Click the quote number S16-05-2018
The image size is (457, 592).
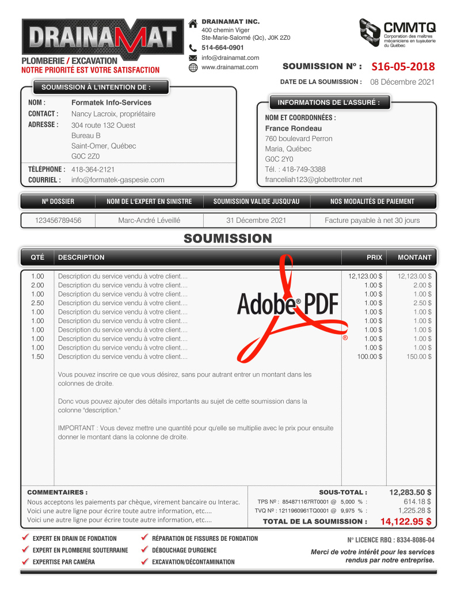click(403, 67)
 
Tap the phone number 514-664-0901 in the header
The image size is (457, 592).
click(222, 48)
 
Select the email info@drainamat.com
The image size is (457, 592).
click(230, 58)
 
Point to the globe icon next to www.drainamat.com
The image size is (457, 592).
click(193, 67)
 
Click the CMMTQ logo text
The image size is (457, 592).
click(410, 27)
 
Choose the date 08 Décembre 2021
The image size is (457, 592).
click(402, 82)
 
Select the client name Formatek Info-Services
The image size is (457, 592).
click(112, 103)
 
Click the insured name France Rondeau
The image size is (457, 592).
click(293, 128)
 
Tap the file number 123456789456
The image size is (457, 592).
click(58, 221)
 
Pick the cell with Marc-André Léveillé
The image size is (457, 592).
click(149, 221)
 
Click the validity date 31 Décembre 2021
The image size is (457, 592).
click(256, 221)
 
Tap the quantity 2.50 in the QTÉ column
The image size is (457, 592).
click(37, 303)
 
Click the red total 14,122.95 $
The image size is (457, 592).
click(406, 522)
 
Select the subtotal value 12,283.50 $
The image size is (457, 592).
click(410, 492)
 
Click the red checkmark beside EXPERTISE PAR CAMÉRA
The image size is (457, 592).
click(25, 561)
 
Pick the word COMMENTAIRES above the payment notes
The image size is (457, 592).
click(57, 492)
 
